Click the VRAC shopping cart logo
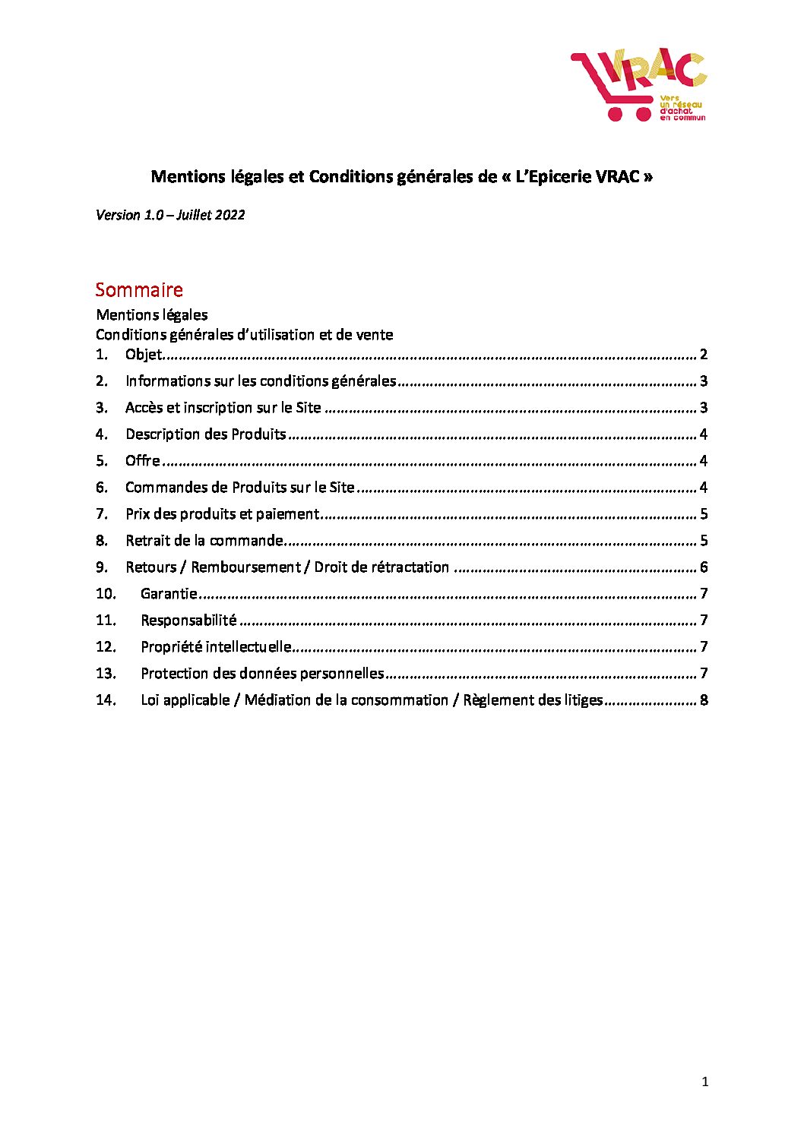tap(638, 84)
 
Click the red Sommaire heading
tap(139, 289)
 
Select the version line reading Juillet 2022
tap(170, 215)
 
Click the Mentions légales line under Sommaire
tap(152, 314)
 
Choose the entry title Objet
tap(144, 354)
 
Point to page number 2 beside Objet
tap(704, 354)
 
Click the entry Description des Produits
tap(205, 434)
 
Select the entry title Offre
tap(143, 460)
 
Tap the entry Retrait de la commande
tap(204, 540)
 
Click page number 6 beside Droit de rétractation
tap(704, 567)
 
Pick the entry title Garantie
tap(169, 593)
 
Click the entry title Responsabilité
tap(188, 620)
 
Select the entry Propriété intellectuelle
tap(216, 646)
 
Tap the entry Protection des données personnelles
tap(262, 673)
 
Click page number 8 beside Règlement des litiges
tap(704, 700)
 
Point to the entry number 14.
tap(106, 700)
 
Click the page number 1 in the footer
tap(704, 1082)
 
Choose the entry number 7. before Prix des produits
tap(101, 513)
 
